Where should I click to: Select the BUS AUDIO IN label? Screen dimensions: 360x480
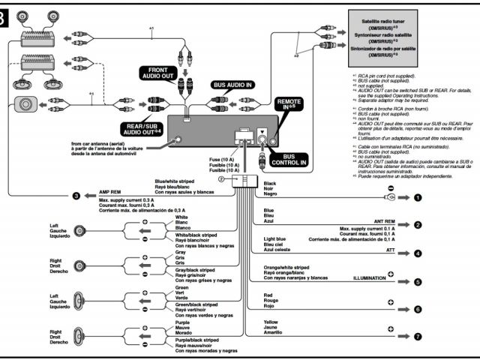coord(232,85)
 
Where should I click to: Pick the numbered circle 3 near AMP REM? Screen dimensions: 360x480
coord(76,196)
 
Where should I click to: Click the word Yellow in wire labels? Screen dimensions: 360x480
coord(271,322)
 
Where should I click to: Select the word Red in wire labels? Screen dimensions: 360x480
coord(268,295)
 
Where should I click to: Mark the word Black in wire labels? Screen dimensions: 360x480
coord(270,183)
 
